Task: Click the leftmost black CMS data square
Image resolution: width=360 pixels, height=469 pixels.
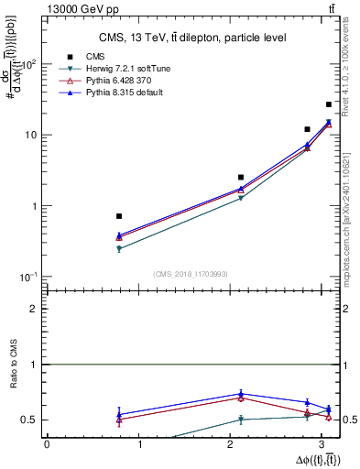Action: pos(119,216)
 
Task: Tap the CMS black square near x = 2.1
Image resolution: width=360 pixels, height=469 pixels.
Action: pos(241,177)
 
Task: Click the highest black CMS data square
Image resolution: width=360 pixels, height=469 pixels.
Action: pos(329,104)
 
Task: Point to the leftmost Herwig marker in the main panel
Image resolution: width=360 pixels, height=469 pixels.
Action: pos(119,248)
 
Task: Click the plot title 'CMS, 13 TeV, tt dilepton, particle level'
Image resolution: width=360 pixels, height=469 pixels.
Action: pos(192,38)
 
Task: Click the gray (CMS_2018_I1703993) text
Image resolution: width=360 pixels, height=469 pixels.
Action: pos(191,274)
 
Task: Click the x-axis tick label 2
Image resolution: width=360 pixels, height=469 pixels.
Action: pos(235,444)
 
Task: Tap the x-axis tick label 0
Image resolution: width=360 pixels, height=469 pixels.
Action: pos(47,444)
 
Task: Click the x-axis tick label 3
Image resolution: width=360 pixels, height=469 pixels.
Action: pos(328,444)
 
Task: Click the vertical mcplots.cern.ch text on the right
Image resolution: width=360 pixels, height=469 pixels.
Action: pos(349,215)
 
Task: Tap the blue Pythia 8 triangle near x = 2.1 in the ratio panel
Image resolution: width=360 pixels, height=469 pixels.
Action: pos(241,394)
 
